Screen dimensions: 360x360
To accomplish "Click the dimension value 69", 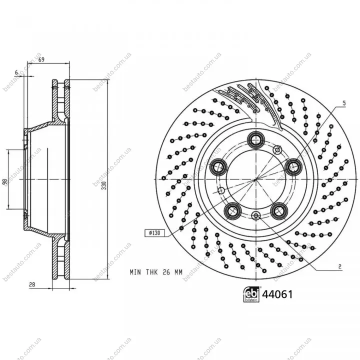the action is (x=41, y=59).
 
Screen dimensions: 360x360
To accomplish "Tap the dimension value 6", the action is (x=16, y=72).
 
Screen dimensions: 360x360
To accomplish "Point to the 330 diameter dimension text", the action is (x=104, y=185).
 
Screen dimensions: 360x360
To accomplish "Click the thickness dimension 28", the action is (x=32, y=284).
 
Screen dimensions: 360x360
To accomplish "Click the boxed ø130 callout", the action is (x=154, y=233).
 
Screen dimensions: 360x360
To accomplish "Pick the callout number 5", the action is (x=344, y=103).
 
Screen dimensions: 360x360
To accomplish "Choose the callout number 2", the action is (x=340, y=266).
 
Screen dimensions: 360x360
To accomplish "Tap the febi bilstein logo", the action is (x=251, y=294).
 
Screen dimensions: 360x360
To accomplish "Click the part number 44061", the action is (x=277, y=294).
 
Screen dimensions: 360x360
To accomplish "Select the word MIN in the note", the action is (x=135, y=272).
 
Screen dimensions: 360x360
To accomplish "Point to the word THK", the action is (x=152, y=272).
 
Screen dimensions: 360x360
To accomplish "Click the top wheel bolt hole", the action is (x=256, y=139).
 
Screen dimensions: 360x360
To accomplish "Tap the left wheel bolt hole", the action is (x=218, y=167).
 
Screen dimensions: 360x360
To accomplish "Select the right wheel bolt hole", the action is (x=293, y=167).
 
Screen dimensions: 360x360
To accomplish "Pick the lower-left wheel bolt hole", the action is (x=232, y=210).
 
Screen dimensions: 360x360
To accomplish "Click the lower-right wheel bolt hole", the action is (x=279, y=210).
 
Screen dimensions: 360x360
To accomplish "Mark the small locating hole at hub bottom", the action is (x=256, y=215).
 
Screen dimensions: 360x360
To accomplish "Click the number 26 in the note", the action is (x=166, y=272).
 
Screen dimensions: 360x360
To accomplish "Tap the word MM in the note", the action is (x=178, y=272).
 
